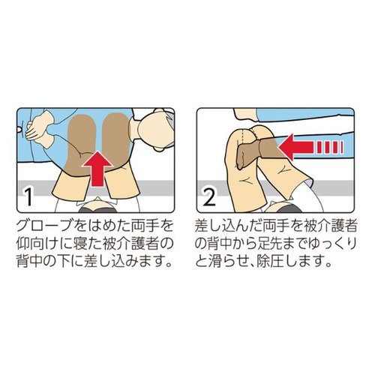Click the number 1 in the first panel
(29, 196)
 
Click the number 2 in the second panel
(209, 196)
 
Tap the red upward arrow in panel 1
(97, 169)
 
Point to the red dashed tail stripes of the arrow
(330, 147)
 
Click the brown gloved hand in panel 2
(257, 152)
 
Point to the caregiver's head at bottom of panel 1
(96, 205)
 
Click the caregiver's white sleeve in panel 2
(313, 196)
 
